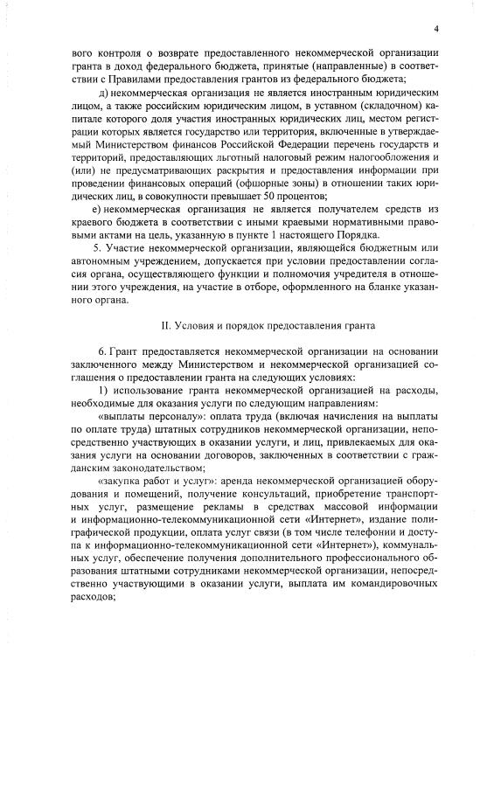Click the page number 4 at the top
[434, 29]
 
